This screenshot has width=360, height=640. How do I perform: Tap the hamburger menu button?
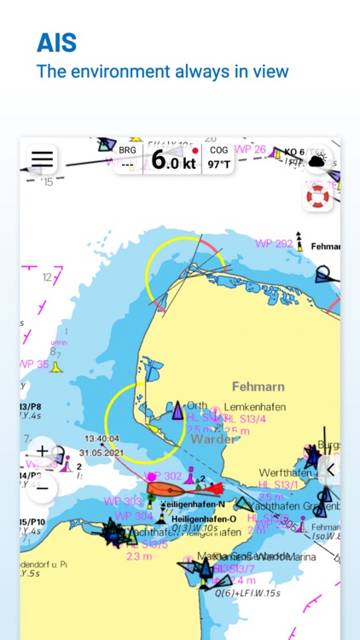point(42,160)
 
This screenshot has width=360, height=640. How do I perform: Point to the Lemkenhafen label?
point(254,407)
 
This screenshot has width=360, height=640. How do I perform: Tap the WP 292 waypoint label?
point(274,243)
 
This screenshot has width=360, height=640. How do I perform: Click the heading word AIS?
point(56,43)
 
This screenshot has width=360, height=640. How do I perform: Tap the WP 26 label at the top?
point(251,149)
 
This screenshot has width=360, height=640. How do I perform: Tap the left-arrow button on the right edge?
point(329,468)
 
